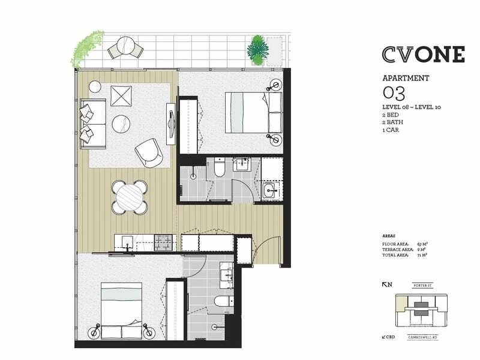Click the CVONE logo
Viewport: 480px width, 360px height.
[x=422, y=54]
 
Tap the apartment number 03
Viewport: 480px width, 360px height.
[x=394, y=93]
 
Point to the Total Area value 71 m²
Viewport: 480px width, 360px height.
[x=421, y=255]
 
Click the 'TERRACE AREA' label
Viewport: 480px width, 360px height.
[x=395, y=250]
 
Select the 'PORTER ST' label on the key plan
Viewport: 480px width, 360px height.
[x=427, y=286]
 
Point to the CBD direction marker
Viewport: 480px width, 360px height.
[x=388, y=338]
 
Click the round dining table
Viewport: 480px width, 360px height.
[x=129, y=196]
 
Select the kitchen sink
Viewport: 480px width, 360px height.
[x=127, y=242]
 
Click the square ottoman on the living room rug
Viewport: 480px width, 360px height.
[x=123, y=97]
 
